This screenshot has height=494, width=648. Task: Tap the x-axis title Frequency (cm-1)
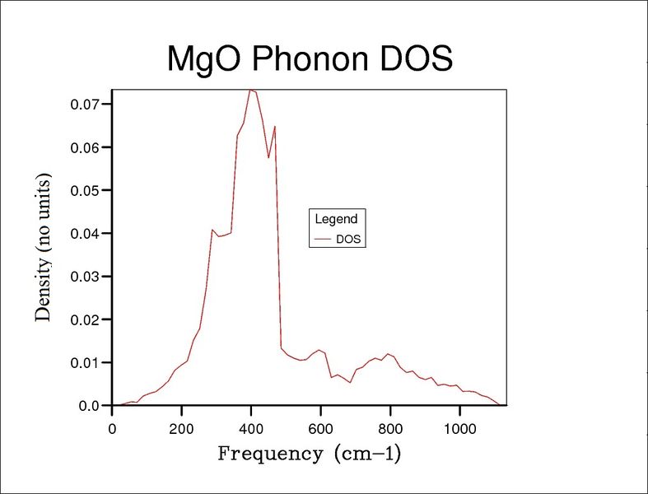[x=309, y=454]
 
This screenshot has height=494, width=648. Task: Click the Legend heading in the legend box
[x=336, y=219]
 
